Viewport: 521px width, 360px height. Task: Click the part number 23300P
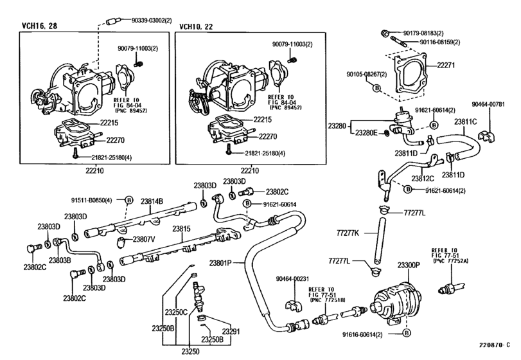pos(409,265)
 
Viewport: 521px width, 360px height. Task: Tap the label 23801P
pos(220,264)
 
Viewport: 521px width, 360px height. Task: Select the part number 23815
pos(181,229)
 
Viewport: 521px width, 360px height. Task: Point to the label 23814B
pos(152,201)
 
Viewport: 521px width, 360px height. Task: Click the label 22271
pos(446,66)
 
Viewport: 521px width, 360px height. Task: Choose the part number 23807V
pos(144,239)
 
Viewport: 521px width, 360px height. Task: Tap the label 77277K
pos(348,233)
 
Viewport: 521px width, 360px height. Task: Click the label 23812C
pos(423,179)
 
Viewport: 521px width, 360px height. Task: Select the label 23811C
pos(466,122)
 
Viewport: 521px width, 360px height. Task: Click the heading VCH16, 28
pos(40,26)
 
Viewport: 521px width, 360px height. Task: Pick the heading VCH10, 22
pos(196,26)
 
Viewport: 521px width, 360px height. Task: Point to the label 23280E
pos(366,132)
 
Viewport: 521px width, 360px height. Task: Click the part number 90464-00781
pos(488,104)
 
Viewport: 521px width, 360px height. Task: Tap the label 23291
pos(231,332)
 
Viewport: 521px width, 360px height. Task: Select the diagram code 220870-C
pos(494,345)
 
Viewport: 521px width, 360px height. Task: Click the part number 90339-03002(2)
pos(152,21)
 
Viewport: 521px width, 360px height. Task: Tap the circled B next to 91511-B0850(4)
pos(129,200)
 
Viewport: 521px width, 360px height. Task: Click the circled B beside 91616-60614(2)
pos(406,333)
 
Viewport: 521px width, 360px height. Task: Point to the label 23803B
pos(60,260)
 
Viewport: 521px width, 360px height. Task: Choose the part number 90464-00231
pos(292,278)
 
